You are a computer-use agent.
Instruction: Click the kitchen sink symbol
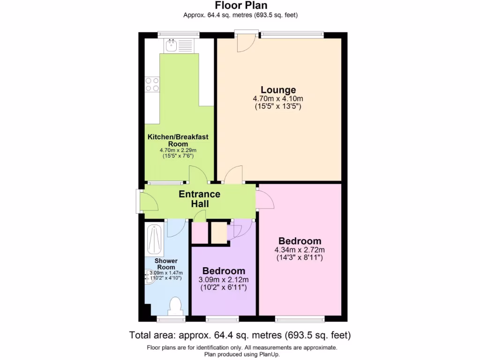tap(171, 45)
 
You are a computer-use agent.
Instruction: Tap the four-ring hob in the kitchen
tap(152, 84)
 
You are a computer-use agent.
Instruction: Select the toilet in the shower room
tap(176, 306)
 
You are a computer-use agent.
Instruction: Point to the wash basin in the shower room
tap(150, 277)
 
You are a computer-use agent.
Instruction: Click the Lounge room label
tap(278, 90)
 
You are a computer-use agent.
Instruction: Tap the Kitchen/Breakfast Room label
tap(178, 140)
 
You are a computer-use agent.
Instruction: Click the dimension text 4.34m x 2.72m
tap(300, 250)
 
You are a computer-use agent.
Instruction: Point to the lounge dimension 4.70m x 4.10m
tap(278, 99)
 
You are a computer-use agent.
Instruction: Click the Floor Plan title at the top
tap(240, 6)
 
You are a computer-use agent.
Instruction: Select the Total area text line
tap(240, 335)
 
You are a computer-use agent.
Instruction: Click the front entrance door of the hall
tap(148, 202)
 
